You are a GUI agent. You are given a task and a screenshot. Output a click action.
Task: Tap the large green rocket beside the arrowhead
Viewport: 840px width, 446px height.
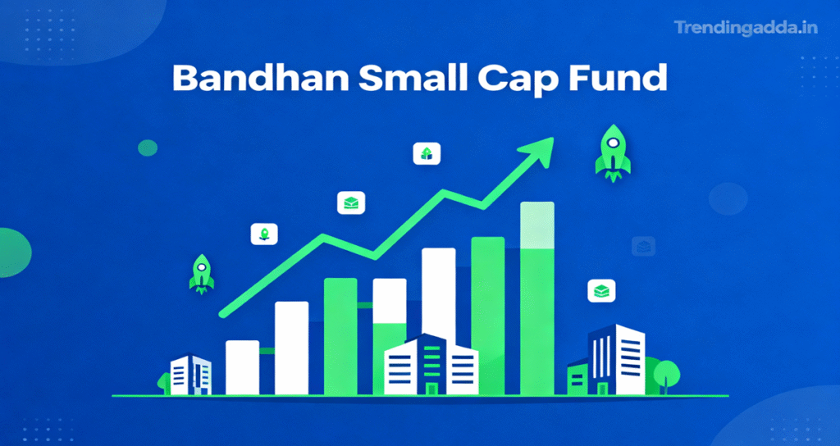[613, 152]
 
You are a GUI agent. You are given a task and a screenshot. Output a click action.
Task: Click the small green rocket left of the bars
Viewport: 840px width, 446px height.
[202, 273]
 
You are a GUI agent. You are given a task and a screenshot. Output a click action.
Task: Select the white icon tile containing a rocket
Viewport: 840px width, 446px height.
[263, 234]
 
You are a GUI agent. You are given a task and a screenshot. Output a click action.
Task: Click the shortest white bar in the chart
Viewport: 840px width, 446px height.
[242, 366]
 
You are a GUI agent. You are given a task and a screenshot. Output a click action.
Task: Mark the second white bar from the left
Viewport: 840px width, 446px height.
[291, 347]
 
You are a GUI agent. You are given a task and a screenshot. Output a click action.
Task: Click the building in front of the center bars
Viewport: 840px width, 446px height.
[431, 366]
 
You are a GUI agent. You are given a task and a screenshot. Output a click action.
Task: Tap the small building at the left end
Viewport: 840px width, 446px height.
[190, 375]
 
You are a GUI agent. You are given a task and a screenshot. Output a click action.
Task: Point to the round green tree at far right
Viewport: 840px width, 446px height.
[668, 371]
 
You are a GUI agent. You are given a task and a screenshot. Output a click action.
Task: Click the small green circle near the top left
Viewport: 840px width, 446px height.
[148, 148]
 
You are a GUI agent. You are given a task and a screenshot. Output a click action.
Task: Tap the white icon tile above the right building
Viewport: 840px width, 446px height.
[602, 290]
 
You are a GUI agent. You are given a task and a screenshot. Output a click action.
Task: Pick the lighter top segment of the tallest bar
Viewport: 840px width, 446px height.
[537, 224]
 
